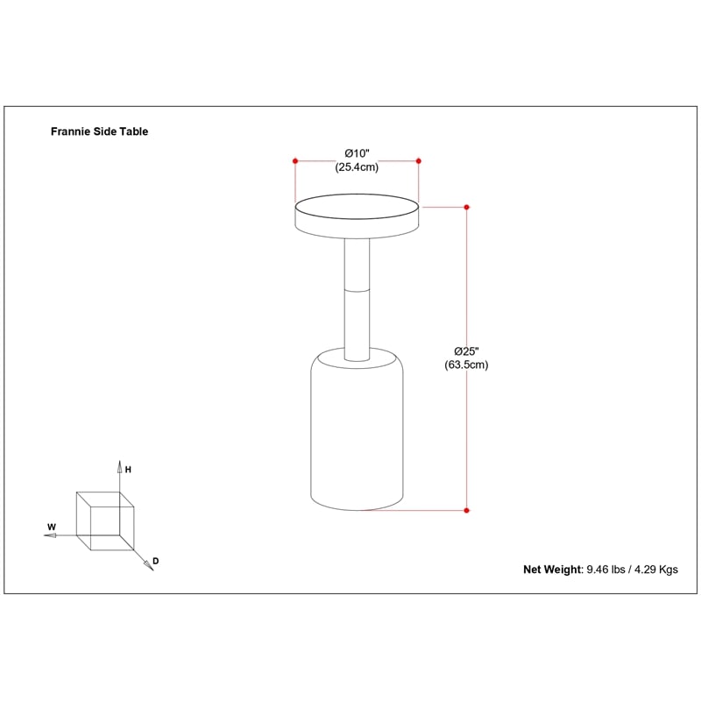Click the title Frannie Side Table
99,131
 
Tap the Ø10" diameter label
357,154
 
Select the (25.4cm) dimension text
357,167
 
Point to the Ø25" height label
466,351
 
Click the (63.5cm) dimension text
466,365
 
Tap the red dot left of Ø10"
295,161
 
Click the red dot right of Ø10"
419,161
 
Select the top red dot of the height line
467,207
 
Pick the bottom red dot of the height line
467,511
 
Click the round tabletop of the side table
357,216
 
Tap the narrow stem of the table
357,299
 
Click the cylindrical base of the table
357,429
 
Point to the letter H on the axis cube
128,470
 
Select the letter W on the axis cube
52,528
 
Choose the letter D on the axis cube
156,561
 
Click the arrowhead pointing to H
119,467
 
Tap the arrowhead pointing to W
50,535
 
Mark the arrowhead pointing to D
149,566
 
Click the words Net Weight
553,570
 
